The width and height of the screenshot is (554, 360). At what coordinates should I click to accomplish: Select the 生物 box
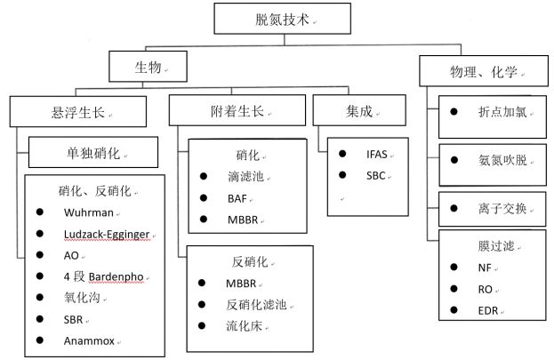[x=148, y=67]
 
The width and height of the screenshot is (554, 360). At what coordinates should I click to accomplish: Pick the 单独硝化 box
[x=93, y=152]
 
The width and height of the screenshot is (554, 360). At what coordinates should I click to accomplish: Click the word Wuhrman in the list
[x=86, y=213]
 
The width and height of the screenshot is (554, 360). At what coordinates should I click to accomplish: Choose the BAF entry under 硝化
[x=236, y=198]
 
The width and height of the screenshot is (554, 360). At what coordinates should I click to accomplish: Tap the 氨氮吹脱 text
[x=502, y=161]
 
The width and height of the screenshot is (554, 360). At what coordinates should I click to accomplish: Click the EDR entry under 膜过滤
[x=487, y=310]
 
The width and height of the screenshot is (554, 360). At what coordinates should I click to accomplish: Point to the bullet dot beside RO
[x=454, y=288]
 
